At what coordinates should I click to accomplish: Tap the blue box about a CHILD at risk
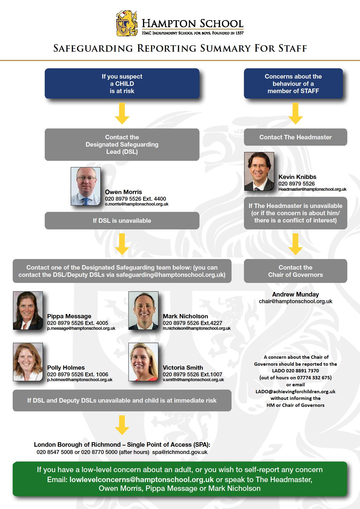(x=122, y=83)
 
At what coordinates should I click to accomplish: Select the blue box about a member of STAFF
(x=293, y=83)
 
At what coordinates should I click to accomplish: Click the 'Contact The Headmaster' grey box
(x=295, y=137)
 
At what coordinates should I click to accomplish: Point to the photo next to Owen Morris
(x=86, y=186)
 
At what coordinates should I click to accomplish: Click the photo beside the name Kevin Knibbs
(x=259, y=171)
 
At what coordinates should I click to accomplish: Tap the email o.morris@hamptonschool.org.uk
(x=137, y=204)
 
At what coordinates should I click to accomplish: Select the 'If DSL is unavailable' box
(x=122, y=221)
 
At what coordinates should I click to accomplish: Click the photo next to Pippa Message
(x=28, y=310)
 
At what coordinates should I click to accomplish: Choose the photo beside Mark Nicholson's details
(x=143, y=310)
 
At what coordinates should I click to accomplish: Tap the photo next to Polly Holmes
(x=28, y=362)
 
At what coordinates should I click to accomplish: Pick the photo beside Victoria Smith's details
(x=143, y=362)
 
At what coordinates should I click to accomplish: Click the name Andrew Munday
(x=295, y=294)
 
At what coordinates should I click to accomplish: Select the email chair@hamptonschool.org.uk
(x=295, y=301)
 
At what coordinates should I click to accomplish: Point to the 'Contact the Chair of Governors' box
(x=295, y=271)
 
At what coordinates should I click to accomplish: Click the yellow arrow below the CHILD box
(x=122, y=114)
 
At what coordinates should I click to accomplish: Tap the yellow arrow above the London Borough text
(x=122, y=425)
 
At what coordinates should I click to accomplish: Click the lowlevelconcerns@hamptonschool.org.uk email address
(x=141, y=480)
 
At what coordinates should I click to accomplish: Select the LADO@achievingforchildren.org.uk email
(x=295, y=391)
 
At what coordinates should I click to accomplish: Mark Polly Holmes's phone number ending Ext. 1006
(x=78, y=374)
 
